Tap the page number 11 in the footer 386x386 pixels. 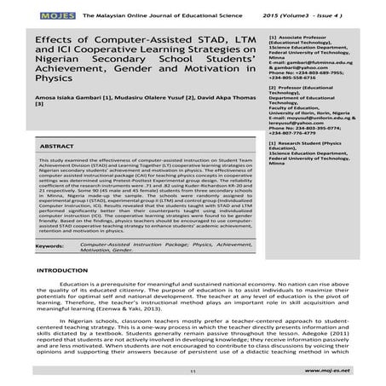193,372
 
